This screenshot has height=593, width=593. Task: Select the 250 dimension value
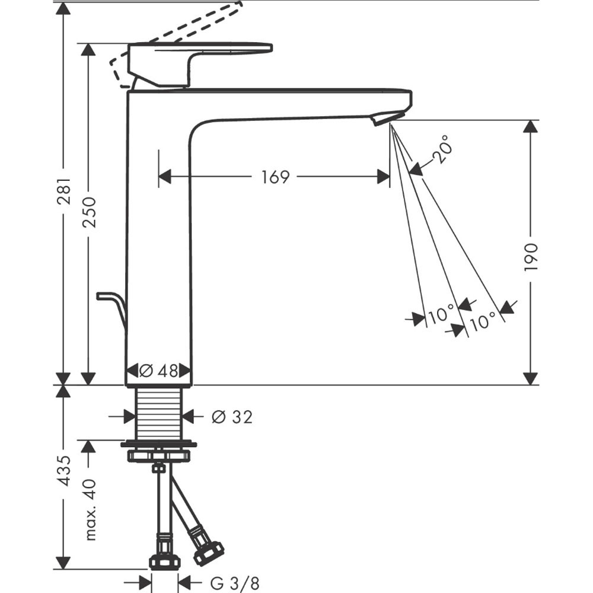tap(89, 212)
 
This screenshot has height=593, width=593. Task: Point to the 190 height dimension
tap(531, 256)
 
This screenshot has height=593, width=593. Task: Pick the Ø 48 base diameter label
tap(158, 371)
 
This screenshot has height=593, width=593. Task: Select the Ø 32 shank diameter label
tap(231, 417)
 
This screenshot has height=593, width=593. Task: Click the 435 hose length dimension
tap(64, 471)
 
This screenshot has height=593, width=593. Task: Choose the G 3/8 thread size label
tap(235, 583)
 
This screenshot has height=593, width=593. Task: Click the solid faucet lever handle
tap(196, 59)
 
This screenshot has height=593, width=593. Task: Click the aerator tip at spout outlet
tap(388, 118)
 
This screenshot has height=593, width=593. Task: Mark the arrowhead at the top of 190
tap(531, 127)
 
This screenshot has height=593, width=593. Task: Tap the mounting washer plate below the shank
tap(158, 443)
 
